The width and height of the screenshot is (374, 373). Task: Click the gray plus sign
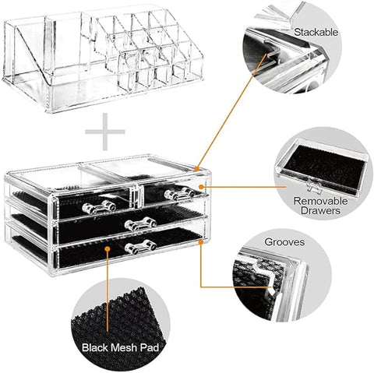[x=104, y=132]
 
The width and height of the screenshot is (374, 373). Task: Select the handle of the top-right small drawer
[x=178, y=192]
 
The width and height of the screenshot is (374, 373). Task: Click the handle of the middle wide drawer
[x=140, y=224]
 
